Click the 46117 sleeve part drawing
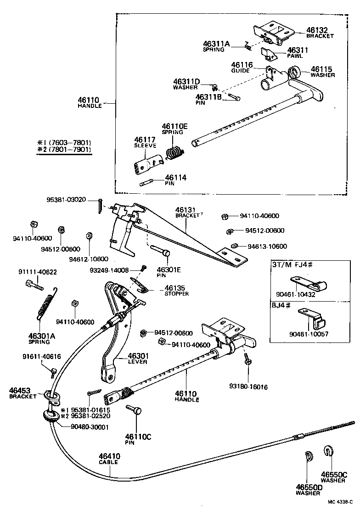[147, 163]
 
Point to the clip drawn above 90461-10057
[313, 316]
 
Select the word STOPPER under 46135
[177, 294]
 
